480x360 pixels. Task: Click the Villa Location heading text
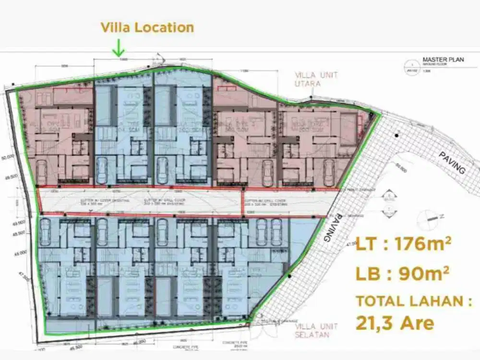tap(147, 27)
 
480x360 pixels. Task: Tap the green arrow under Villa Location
tap(118, 48)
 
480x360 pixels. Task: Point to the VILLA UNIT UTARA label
tap(316, 79)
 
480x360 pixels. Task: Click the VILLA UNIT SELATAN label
tap(316, 330)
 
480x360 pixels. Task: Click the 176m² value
tap(422, 244)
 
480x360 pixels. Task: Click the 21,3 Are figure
tap(395, 323)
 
